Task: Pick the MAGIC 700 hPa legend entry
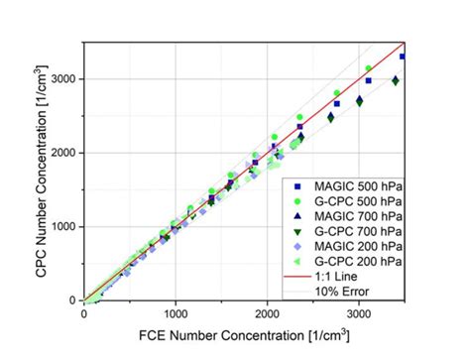(348, 216)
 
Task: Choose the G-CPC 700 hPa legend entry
(348, 231)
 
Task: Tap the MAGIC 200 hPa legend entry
(348, 246)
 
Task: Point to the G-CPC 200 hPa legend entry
(348, 261)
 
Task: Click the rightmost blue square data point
(403, 57)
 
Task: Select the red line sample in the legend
(298, 276)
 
